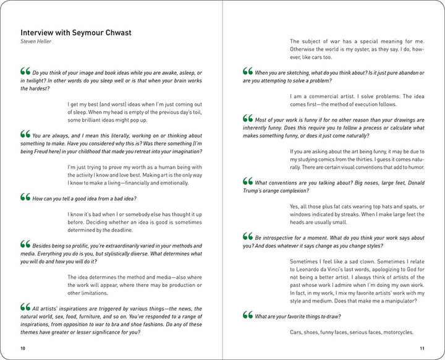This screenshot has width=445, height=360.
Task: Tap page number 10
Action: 23,348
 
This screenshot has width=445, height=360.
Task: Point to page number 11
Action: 422,348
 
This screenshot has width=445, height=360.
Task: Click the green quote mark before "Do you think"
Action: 25,71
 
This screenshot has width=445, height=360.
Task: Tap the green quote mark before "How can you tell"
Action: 25,197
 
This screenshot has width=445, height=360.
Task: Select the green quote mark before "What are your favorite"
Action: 248,315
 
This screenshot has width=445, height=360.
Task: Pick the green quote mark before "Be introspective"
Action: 248,236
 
